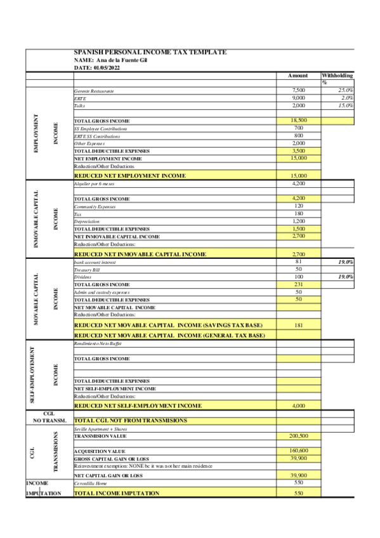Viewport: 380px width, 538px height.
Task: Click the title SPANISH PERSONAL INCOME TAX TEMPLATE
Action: (x=150, y=52)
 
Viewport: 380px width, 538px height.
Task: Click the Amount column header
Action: (x=298, y=75)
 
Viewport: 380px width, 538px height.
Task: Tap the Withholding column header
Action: (x=337, y=75)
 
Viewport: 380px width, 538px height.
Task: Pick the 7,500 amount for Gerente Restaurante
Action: (x=298, y=91)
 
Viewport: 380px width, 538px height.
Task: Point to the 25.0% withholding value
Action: (x=346, y=91)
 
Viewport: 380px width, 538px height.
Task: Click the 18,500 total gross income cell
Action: (x=298, y=121)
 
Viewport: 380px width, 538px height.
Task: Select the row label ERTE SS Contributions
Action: (x=96, y=136)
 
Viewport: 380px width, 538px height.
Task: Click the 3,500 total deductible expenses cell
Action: (x=298, y=151)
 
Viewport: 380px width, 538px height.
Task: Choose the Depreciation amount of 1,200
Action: (x=298, y=221)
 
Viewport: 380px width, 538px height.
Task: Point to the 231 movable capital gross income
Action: (x=298, y=285)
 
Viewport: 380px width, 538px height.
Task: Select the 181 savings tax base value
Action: (x=298, y=324)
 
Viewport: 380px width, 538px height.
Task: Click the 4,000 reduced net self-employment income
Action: (x=298, y=405)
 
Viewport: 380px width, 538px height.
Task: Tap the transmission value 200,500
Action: (x=298, y=436)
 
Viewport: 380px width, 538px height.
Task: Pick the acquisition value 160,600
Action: (x=298, y=450)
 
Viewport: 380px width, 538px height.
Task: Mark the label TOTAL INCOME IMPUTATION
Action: (x=117, y=493)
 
